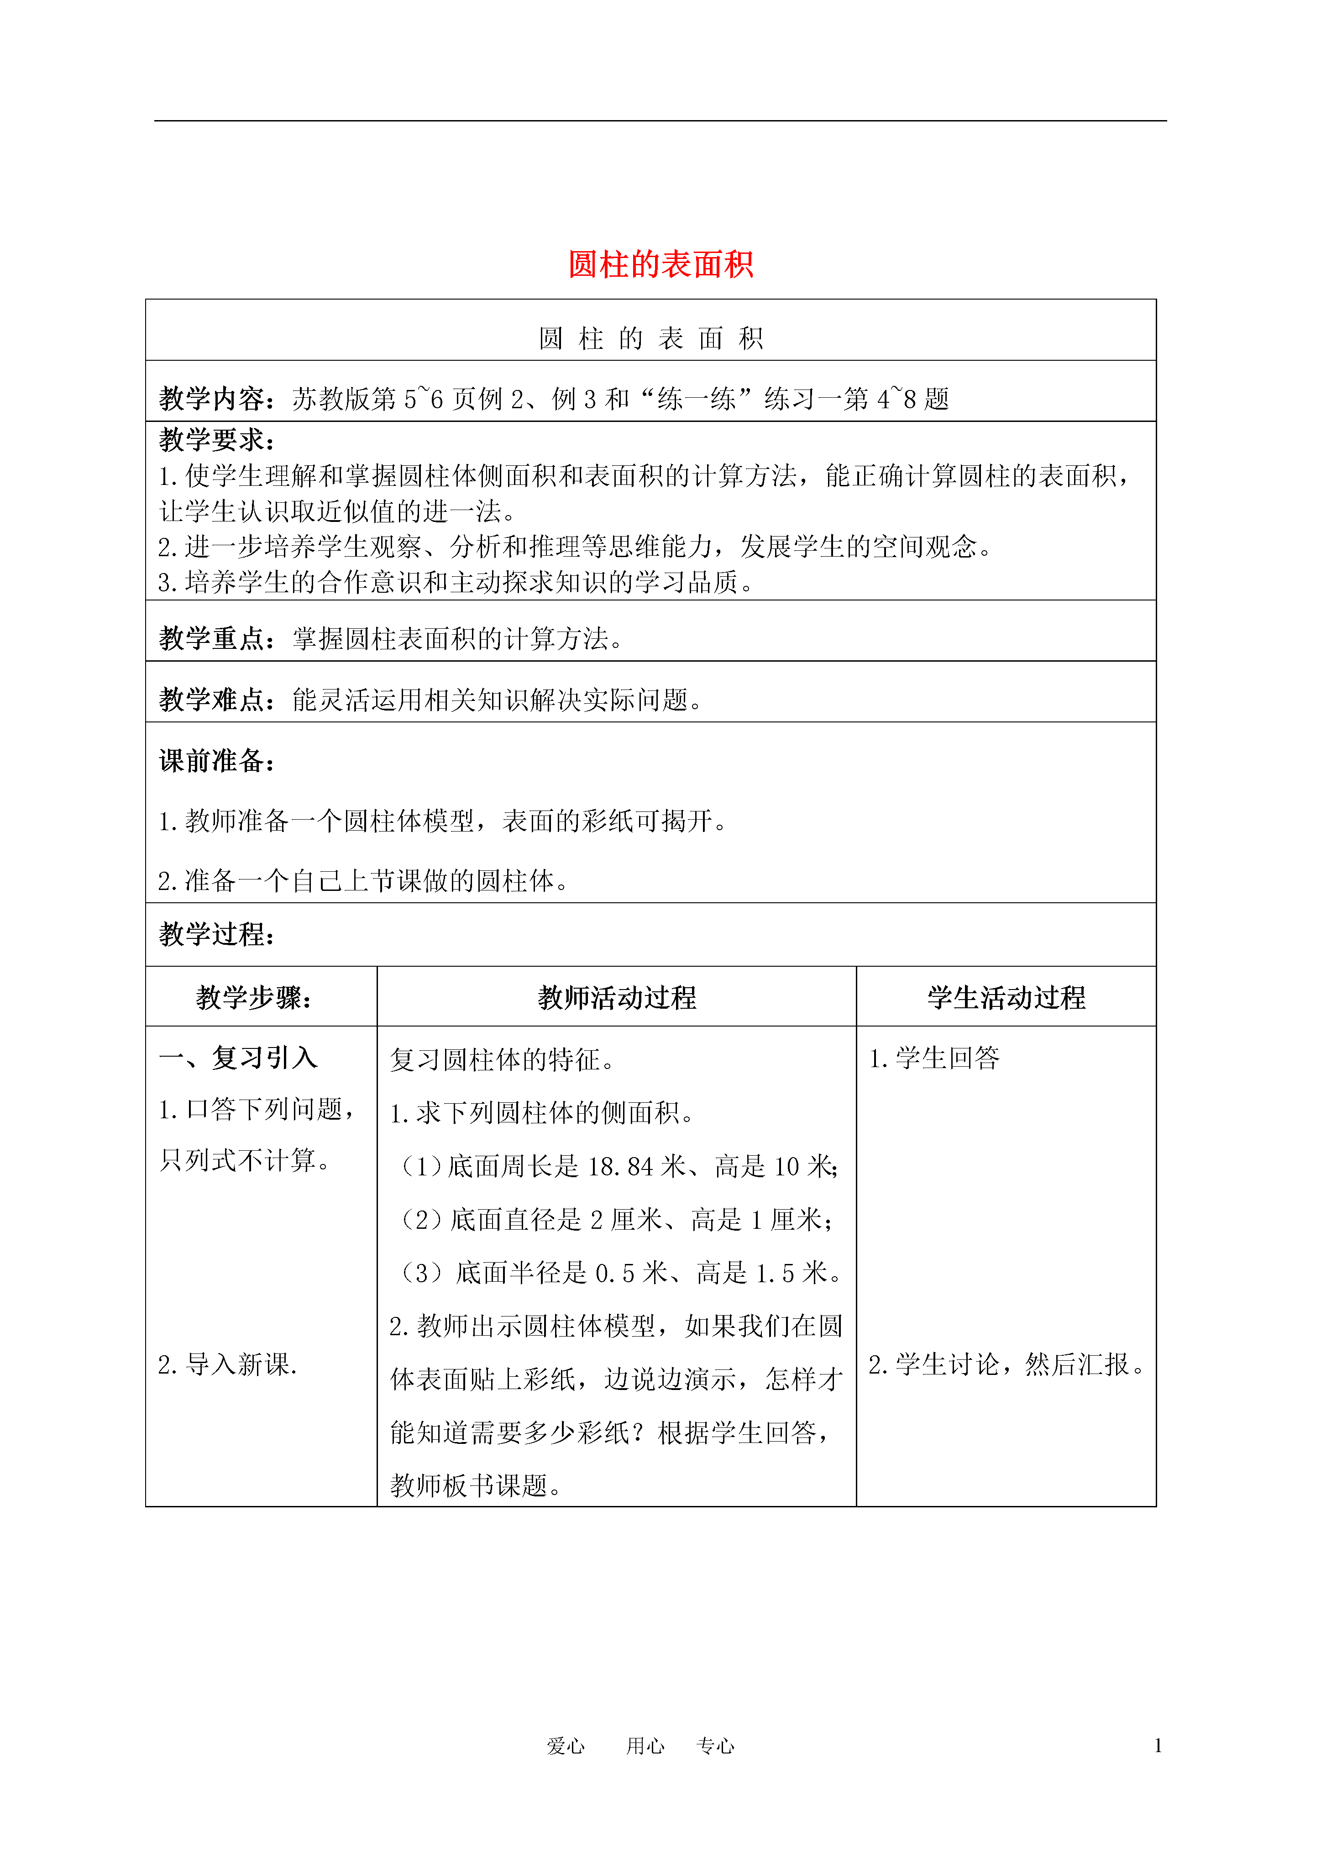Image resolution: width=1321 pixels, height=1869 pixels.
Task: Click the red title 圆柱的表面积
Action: pos(660,264)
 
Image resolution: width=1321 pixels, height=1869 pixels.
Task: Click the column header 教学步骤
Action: pos(254,997)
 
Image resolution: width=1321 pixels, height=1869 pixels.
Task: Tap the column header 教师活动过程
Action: pos(616,997)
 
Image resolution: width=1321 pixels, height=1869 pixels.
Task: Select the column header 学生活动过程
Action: pos(1006,997)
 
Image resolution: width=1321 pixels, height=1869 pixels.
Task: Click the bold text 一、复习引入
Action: pos(238,1058)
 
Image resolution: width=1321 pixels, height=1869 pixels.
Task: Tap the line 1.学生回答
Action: pos(934,1058)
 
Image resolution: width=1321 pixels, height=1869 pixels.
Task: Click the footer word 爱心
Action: pos(566,1745)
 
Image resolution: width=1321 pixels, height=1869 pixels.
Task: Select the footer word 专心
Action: pos(715,1745)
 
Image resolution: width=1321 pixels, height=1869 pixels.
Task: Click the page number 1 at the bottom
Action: pos(1158,1745)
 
